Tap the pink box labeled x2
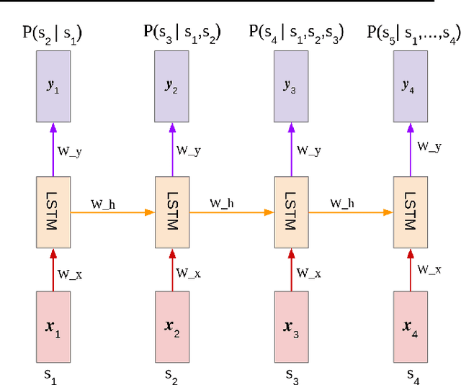pyautogui.click(x=173, y=326)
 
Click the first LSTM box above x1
pyautogui.click(x=53, y=212)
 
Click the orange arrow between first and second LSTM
pyautogui.click(x=112, y=212)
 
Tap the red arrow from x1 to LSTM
pyautogui.click(x=53, y=269)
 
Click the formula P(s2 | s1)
pyautogui.click(x=53, y=32)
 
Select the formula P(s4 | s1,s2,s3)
pyautogui.click(x=296, y=32)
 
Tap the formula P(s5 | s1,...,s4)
pyautogui.click(x=413, y=32)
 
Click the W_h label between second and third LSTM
pyautogui.click(x=222, y=204)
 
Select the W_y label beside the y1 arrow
pyautogui.click(x=69, y=151)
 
